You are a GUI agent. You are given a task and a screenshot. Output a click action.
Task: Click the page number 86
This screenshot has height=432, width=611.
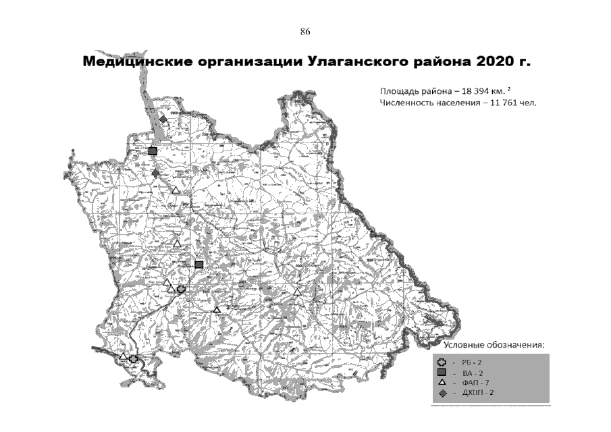(x=304, y=32)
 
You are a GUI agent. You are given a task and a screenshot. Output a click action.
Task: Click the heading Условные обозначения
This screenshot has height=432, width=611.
(x=494, y=346)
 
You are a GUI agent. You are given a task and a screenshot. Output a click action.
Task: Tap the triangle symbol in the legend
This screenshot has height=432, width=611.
(x=441, y=382)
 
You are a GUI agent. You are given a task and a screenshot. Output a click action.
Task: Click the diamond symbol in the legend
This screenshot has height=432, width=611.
(x=441, y=392)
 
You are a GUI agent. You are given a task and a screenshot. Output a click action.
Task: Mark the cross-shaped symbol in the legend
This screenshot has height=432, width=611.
(x=441, y=363)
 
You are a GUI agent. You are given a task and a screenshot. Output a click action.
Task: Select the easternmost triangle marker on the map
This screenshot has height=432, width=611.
(x=298, y=292)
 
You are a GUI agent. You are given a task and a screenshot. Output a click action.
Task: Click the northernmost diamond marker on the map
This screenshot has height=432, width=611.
(x=163, y=119)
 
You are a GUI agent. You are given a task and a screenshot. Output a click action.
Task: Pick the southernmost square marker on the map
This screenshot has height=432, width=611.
(x=198, y=265)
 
